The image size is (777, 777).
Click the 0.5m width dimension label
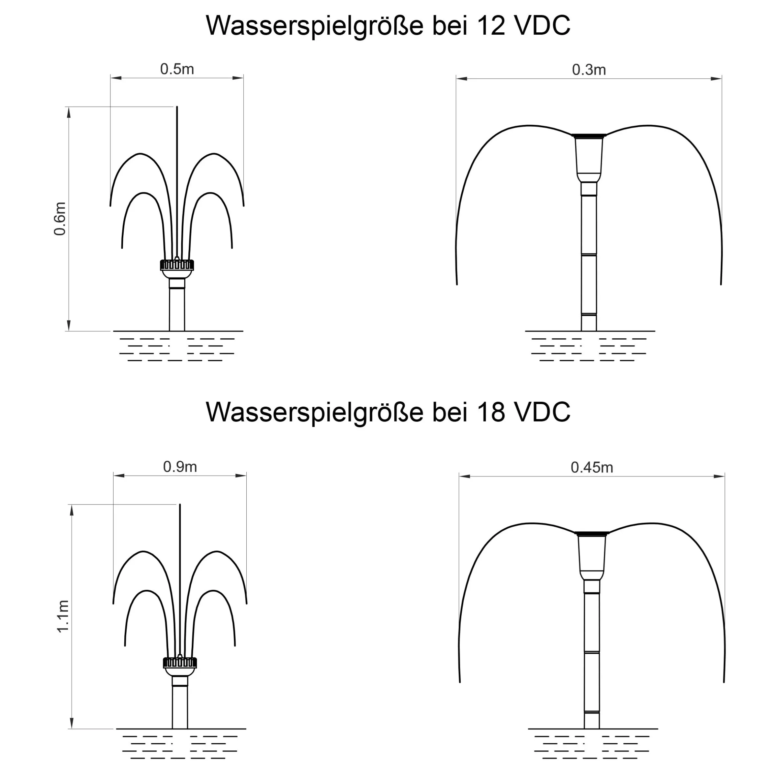(177, 69)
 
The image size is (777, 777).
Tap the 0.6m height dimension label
(60, 219)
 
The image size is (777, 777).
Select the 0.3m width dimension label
(589, 70)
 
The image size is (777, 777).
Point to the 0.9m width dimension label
(180, 467)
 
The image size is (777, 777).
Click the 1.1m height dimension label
(63, 616)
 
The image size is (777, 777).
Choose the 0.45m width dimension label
(591, 467)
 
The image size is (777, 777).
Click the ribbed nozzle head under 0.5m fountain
(177, 265)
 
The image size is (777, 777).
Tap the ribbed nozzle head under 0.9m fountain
(180, 662)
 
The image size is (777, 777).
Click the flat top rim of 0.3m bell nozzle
(589, 136)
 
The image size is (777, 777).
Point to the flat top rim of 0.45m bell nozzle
(591, 533)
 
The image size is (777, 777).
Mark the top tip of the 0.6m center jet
(177, 107)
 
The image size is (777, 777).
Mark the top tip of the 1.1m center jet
(180, 504)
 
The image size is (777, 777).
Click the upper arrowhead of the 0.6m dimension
(69, 112)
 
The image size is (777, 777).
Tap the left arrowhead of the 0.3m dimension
(462, 78)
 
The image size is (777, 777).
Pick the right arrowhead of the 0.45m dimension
(719, 476)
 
